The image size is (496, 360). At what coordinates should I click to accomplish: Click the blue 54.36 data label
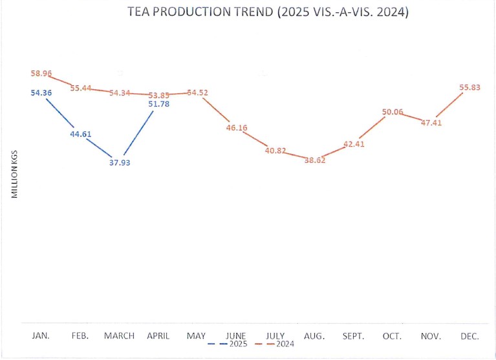[41, 93]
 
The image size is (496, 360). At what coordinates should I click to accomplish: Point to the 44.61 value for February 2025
[81, 134]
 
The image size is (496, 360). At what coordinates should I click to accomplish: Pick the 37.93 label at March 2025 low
[120, 162]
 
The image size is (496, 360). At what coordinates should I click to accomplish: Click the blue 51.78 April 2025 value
[158, 104]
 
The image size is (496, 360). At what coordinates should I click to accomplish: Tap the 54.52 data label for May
[198, 92]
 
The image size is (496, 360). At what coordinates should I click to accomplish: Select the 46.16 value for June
[237, 128]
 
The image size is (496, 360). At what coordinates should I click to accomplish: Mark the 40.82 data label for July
[275, 151]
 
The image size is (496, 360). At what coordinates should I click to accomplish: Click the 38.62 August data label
[315, 160]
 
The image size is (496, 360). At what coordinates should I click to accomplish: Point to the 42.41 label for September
[354, 144]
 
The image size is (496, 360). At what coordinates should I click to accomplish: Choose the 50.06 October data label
[393, 112]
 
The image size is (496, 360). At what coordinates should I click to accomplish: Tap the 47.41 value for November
[431, 123]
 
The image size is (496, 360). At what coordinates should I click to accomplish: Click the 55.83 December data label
[470, 88]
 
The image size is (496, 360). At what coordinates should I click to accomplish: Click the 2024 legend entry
[282, 344]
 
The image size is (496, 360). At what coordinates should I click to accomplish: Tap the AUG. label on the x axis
[315, 336]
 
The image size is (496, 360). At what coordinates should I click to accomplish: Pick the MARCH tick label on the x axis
[120, 336]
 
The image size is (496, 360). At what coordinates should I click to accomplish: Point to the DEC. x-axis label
[470, 336]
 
